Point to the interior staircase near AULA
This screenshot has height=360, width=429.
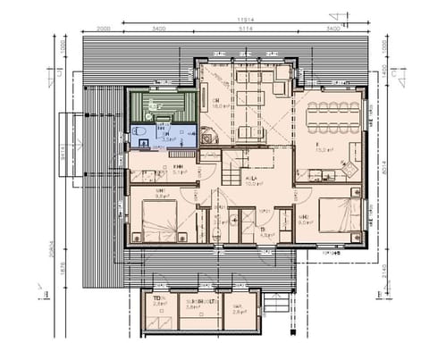pyautogui.click(x=231, y=166)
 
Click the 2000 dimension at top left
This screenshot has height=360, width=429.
pyautogui.click(x=105, y=29)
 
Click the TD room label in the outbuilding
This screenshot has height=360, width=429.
pyautogui.click(x=160, y=298)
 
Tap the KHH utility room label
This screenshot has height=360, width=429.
pyautogui.click(x=178, y=167)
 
